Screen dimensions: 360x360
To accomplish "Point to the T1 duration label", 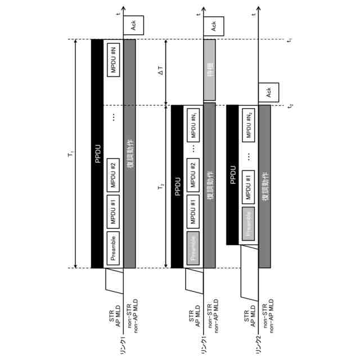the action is click(70, 153).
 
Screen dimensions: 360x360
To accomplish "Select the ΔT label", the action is click(160, 71).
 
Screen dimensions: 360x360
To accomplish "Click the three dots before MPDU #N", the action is click(113, 116).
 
